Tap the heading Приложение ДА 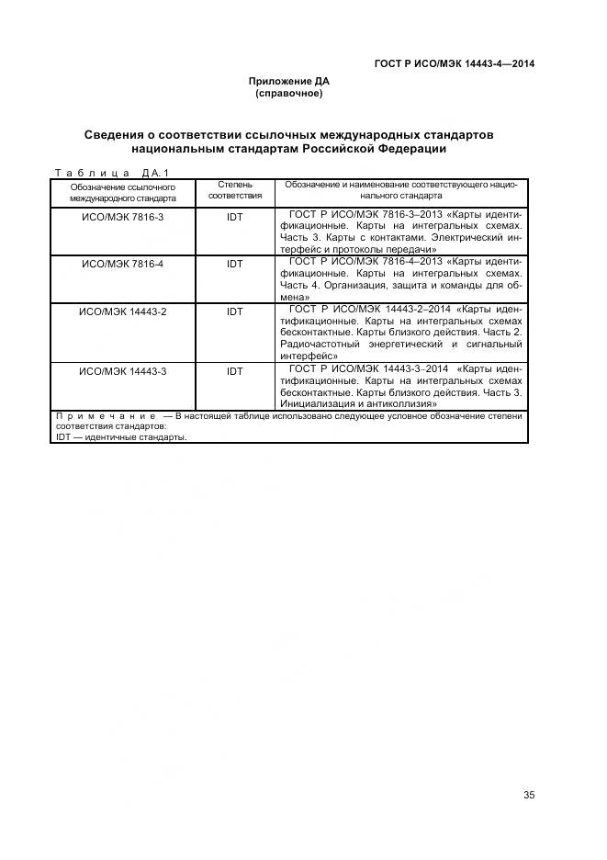pyautogui.click(x=288, y=81)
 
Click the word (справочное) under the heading pyautogui.click(x=288, y=93)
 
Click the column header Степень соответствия pyautogui.click(x=234, y=189)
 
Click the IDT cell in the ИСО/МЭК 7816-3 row pyautogui.click(x=234, y=216)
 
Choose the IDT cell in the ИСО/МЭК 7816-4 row pyautogui.click(x=234, y=264)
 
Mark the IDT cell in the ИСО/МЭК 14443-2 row pyautogui.click(x=234, y=311)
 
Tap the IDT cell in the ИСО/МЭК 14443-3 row pyautogui.click(x=234, y=371)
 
